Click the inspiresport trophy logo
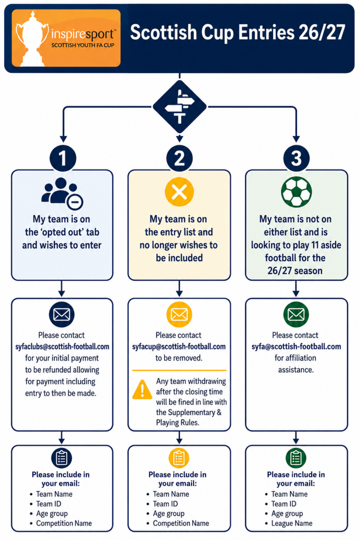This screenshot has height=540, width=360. (x=66, y=38)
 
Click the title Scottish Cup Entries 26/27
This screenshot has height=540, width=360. (x=237, y=33)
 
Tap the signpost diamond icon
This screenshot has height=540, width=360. (x=180, y=107)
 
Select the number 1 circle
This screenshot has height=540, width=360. (x=63, y=158)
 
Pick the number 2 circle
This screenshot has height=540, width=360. (x=180, y=158)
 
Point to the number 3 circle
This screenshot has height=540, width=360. (x=296, y=158)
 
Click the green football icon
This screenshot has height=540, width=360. (x=296, y=192)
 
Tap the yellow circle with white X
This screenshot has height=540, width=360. (x=179, y=192)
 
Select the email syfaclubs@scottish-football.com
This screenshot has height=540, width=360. (x=62, y=347)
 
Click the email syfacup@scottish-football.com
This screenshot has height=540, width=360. (x=179, y=347)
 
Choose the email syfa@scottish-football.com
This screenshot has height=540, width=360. (x=296, y=347)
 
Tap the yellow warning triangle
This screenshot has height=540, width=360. (x=142, y=390)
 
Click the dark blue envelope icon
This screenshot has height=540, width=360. (x=62, y=315)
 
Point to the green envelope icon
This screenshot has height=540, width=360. (x=296, y=315)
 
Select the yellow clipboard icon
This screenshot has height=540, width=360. (x=179, y=458)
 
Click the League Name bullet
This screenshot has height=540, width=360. (x=292, y=523)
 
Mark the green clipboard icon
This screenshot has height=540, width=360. (x=296, y=458)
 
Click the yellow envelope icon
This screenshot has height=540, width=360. (x=179, y=315)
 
